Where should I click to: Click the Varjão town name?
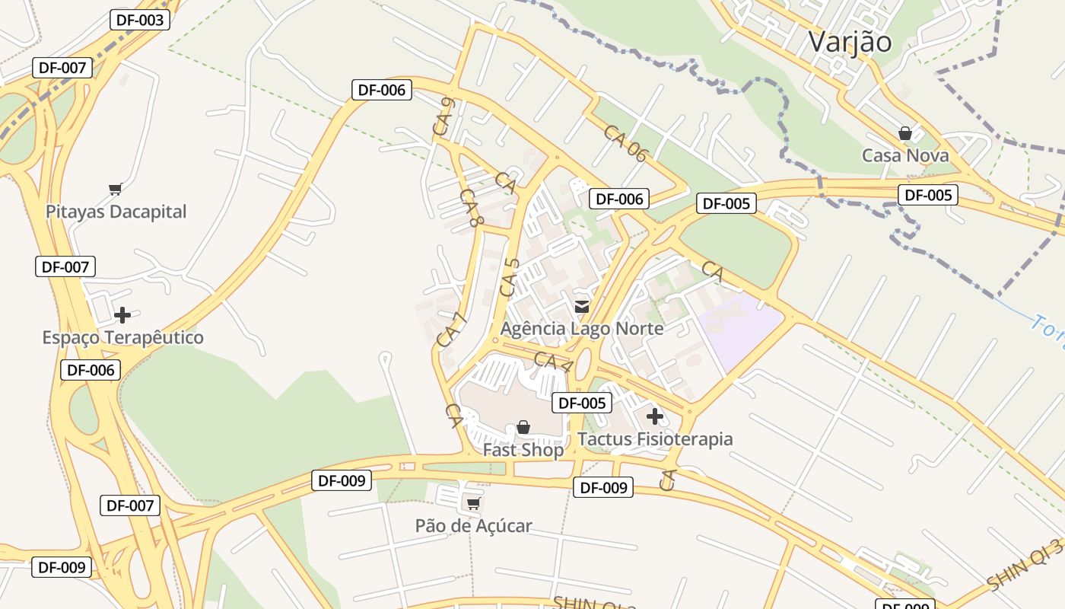click(849, 41)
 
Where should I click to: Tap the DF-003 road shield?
click(139, 20)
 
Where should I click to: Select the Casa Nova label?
click(904, 155)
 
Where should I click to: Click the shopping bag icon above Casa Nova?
click(904, 133)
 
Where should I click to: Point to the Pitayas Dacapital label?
click(116, 211)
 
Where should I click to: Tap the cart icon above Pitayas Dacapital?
click(115, 189)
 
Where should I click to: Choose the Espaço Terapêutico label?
click(122, 337)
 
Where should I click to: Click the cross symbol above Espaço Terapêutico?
click(122, 314)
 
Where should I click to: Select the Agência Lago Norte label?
click(581, 328)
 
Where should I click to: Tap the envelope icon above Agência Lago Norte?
click(582, 307)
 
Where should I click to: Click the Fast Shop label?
click(523, 450)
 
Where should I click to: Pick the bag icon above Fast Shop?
click(523, 428)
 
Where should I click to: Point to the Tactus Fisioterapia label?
click(654, 439)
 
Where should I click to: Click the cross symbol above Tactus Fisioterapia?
click(654, 416)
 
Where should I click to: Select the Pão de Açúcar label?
click(473, 525)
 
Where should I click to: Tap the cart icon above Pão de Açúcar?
click(473, 503)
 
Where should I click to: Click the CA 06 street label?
click(625, 143)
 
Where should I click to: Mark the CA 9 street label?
click(443, 117)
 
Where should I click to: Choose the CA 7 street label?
click(450, 330)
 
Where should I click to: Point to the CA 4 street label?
click(553, 362)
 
